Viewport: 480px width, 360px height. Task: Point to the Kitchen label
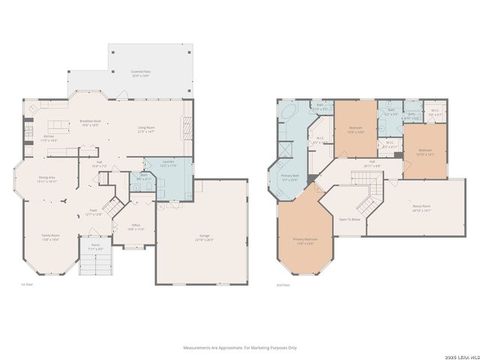[49, 138]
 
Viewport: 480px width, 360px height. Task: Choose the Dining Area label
[48, 179]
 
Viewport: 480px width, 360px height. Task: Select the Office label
[135, 226]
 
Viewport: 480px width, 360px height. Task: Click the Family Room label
[50, 237]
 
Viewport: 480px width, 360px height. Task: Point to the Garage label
[205, 238]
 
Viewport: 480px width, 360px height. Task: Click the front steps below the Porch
[95, 263]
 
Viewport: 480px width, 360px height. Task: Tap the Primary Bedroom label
[304, 241]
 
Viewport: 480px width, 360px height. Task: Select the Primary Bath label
[289, 178]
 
